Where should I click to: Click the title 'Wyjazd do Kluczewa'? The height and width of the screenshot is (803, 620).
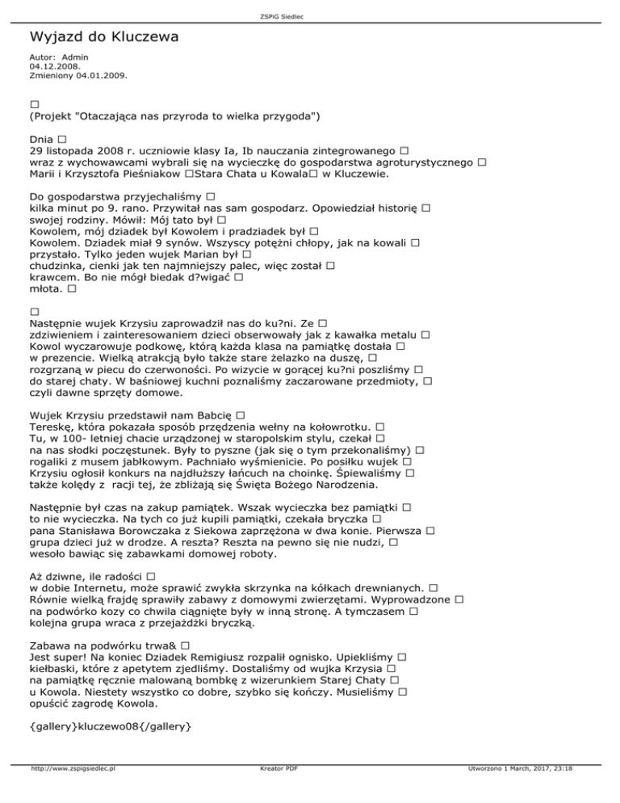pos(103,37)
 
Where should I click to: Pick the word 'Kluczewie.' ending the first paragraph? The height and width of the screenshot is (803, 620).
pos(357,173)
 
